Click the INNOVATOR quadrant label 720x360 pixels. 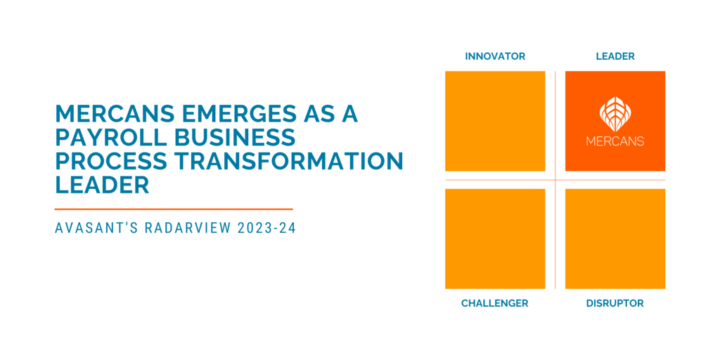[495, 56]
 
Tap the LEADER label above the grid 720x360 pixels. [615, 56]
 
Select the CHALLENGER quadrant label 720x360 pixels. [495, 303]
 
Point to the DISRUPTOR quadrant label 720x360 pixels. [615, 303]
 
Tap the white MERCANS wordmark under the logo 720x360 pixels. [615, 141]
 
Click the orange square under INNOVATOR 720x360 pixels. [495, 121]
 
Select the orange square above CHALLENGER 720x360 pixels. [495, 239]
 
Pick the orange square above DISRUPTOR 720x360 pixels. [615, 239]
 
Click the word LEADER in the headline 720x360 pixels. [103, 186]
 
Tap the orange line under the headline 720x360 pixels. [174, 209]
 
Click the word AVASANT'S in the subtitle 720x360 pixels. [95, 229]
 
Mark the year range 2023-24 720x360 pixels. [266, 229]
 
